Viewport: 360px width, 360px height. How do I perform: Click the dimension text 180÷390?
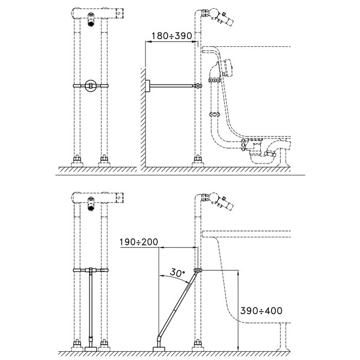point(171,35)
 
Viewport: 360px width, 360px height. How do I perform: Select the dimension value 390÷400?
point(261,311)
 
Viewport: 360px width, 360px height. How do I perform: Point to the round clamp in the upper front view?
point(92,85)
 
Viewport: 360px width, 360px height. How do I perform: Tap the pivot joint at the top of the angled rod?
point(197,271)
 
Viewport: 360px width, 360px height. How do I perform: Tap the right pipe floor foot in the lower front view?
point(105,344)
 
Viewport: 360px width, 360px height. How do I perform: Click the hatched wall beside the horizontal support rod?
point(140,118)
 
